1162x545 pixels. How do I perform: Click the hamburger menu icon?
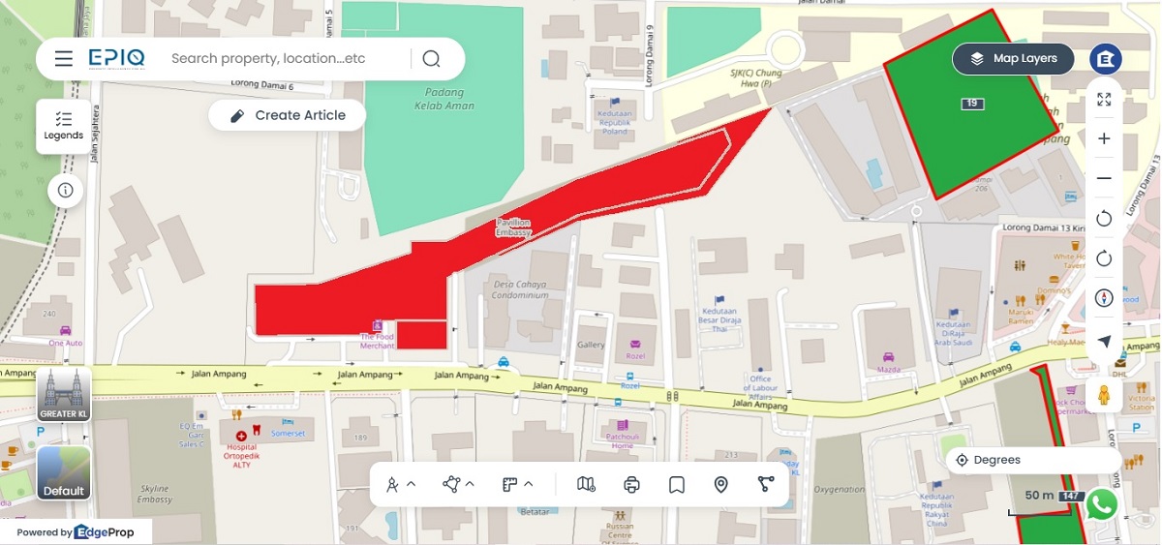[64, 59]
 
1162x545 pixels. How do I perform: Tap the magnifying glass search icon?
[431, 59]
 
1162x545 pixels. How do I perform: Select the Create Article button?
[288, 115]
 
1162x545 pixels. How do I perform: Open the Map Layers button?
[1014, 59]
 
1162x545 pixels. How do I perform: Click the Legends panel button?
[64, 125]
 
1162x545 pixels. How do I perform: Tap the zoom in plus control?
[1104, 138]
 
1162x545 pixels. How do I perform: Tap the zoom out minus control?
[1104, 178]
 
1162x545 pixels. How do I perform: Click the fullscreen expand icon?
[1104, 99]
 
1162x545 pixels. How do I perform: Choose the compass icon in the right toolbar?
[1104, 297]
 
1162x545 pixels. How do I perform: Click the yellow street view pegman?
[1104, 395]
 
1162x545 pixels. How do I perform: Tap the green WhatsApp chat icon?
[1102, 504]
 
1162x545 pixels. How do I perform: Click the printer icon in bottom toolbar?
[631, 484]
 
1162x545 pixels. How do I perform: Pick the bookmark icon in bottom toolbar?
[676, 484]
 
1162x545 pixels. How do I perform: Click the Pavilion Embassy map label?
[513, 227]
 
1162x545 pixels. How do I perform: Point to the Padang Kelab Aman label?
[444, 100]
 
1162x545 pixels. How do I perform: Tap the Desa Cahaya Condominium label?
[520, 290]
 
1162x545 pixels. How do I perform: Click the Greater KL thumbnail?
[64, 395]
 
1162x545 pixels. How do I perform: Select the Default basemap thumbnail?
[64, 473]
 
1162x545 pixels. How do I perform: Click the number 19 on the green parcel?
[972, 104]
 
